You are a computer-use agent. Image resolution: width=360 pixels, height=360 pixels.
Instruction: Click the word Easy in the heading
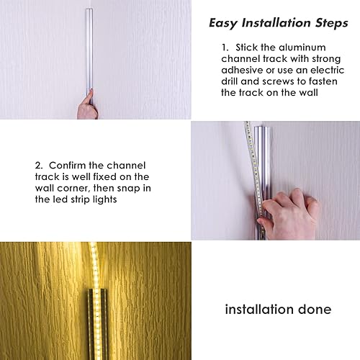coord(222,22)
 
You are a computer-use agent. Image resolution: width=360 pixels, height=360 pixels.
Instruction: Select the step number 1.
coord(224,47)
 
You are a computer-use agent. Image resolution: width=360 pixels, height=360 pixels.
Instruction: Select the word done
coord(315,310)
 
